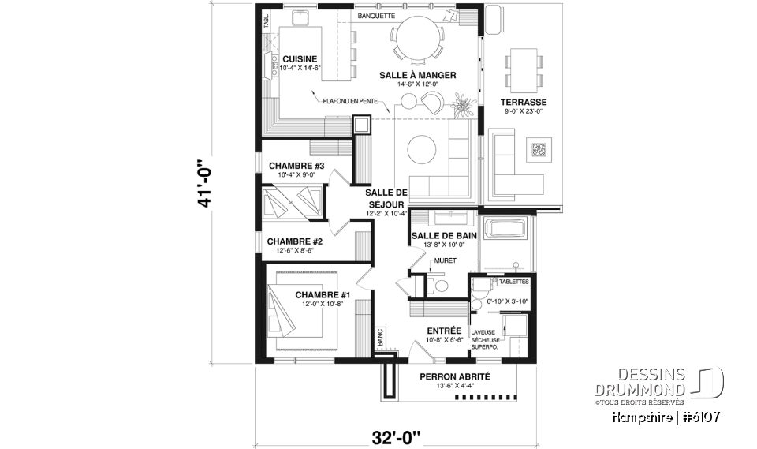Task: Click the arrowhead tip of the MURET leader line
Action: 430,272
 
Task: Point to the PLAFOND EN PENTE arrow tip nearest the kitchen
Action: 312,91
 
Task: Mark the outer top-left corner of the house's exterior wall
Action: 255,4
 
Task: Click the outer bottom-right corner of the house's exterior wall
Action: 536,362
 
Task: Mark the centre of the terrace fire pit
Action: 539,149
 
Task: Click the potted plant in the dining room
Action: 464,104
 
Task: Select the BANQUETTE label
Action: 376,16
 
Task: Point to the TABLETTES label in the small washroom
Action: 513,282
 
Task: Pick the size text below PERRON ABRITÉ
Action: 454,386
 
